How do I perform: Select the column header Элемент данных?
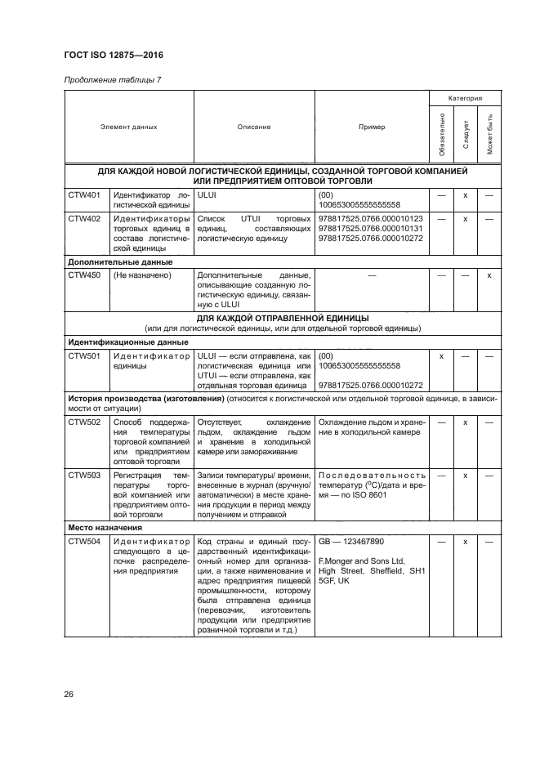pyautogui.click(x=128, y=127)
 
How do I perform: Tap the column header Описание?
pyautogui.click(x=253, y=127)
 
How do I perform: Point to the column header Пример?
pyautogui.click(x=372, y=127)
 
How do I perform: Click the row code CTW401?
pyautogui.click(x=84, y=196)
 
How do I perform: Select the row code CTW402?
pyautogui.click(x=84, y=219)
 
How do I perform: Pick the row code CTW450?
pyautogui.click(x=84, y=275)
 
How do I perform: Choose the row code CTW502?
pyautogui.click(x=84, y=422)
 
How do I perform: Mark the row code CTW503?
pyautogui.click(x=84, y=475)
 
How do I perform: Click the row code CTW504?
pyautogui.click(x=84, y=541)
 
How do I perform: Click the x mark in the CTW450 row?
pyautogui.click(x=489, y=275)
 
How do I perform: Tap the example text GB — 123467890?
pyautogui.click(x=350, y=541)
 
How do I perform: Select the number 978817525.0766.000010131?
pyautogui.click(x=370, y=229)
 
